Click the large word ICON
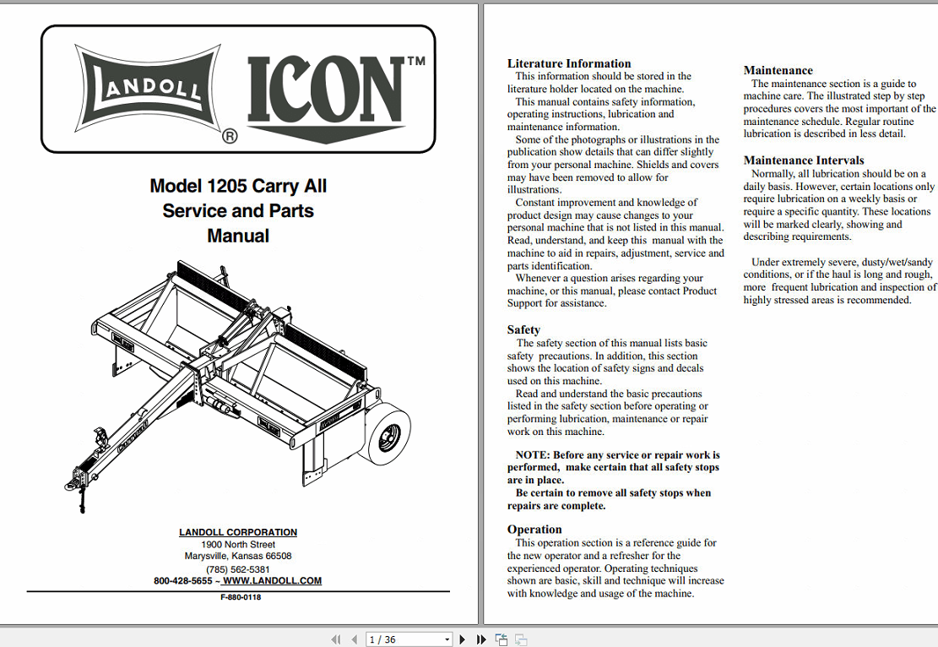(x=326, y=90)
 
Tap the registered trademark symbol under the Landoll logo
(x=229, y=135)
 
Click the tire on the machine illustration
(x=388, y=434)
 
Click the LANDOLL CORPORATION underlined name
(x=238, y=532)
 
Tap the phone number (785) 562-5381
(x=238, y=569)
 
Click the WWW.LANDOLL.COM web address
(x=272, y=581)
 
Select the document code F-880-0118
(x=241, y=597)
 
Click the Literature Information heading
(x=569, y=63)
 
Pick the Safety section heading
(x=523, y=329)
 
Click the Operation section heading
(x=534, y=530)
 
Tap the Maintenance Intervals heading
(x=804, y=160)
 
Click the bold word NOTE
(x=533, y=455)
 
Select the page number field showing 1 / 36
(x=404, y=639)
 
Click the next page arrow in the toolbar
(x=462, y=639)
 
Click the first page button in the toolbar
(x=335, y=639)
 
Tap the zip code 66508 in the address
(x=279, y=557)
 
